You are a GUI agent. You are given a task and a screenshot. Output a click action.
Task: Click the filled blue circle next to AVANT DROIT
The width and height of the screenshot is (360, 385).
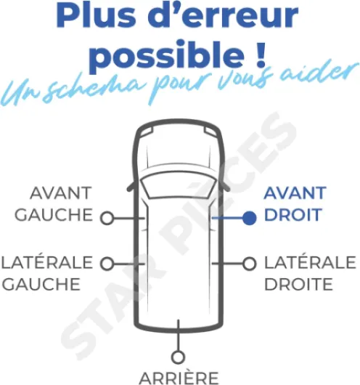[x=250, y=218]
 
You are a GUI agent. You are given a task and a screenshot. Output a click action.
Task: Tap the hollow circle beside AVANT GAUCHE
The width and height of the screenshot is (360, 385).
[x=107, y=218]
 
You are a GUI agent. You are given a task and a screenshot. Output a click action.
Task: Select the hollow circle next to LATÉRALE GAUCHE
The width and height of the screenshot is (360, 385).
[x=107, y=264]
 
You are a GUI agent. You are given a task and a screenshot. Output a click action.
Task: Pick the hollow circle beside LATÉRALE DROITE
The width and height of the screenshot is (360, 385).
[x=250, y=264]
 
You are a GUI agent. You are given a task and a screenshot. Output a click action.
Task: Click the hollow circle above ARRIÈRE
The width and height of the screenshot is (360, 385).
[x=178, y=357]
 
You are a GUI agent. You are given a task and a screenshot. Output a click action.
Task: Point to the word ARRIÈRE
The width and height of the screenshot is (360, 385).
[x=179, y=378]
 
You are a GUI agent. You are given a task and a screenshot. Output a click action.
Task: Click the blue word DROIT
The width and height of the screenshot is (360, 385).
[x=292, y=214]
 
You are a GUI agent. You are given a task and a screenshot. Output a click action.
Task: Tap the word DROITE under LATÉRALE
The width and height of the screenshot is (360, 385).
[x=298, y=284]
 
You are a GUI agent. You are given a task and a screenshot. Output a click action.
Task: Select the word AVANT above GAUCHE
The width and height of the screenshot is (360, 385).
[x=61, y=193]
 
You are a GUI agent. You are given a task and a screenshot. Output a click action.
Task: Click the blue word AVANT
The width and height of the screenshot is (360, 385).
[x=295, y=193]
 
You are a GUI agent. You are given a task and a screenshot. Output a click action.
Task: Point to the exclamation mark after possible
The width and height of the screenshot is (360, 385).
[x=260, y=54]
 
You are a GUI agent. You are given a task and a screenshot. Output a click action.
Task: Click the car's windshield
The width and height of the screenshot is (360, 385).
[x=179, y=185]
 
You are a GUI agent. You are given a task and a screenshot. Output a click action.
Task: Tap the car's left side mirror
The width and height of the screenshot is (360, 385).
[x=131, y=187]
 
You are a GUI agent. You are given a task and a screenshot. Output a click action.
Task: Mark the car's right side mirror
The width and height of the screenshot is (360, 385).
[x=226, y=187]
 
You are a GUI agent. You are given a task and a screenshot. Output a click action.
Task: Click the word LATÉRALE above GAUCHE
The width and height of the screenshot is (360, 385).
[x=47, y=262]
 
